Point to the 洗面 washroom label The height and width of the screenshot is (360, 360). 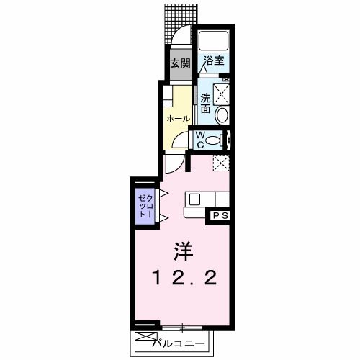click(x=205, y=102)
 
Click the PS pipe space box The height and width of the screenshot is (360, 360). click(x=219, y=215)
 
